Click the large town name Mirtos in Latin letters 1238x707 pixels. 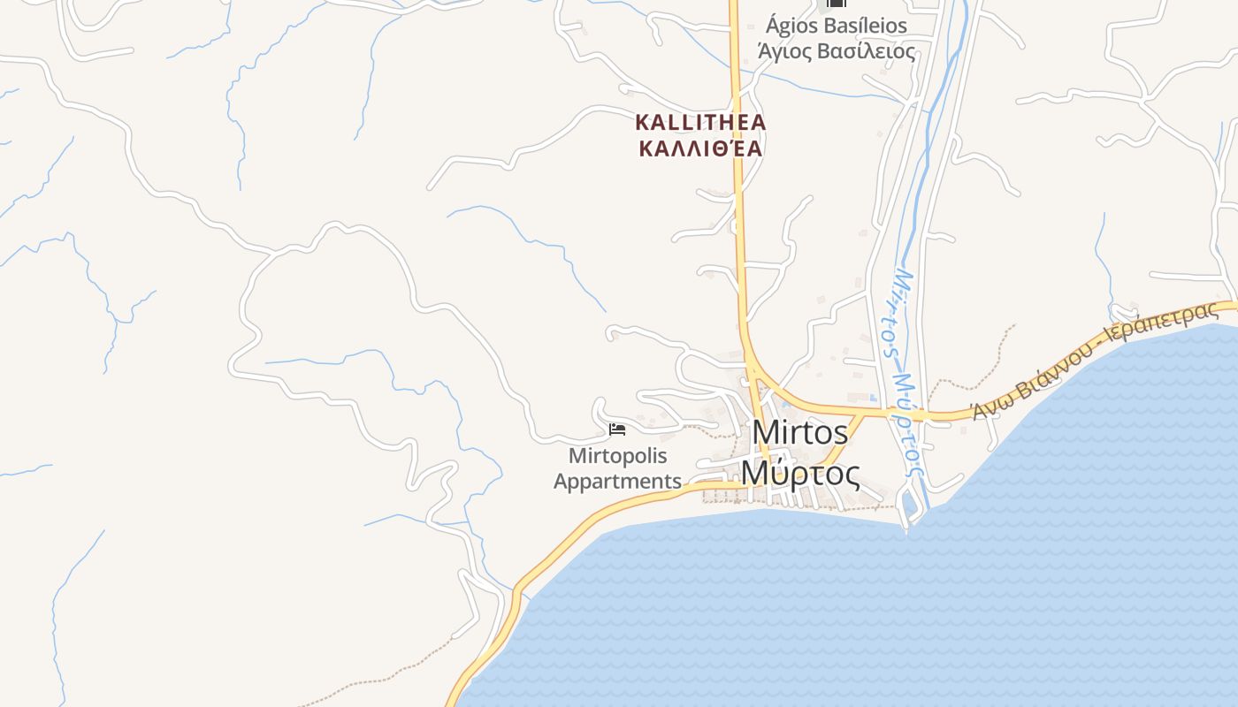tap(800, 433)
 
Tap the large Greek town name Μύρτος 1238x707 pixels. tap(799, 474)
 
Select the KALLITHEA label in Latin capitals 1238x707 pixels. tap(700, 122)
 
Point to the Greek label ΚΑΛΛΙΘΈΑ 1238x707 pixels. tap(700, 148)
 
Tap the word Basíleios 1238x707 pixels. tap(867, 26)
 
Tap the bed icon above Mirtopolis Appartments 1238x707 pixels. tap(617, 430)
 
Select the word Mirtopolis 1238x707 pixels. tap(617, 456)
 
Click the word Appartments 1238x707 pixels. tap(617, 482)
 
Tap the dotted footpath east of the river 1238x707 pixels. tap(982, 371)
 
